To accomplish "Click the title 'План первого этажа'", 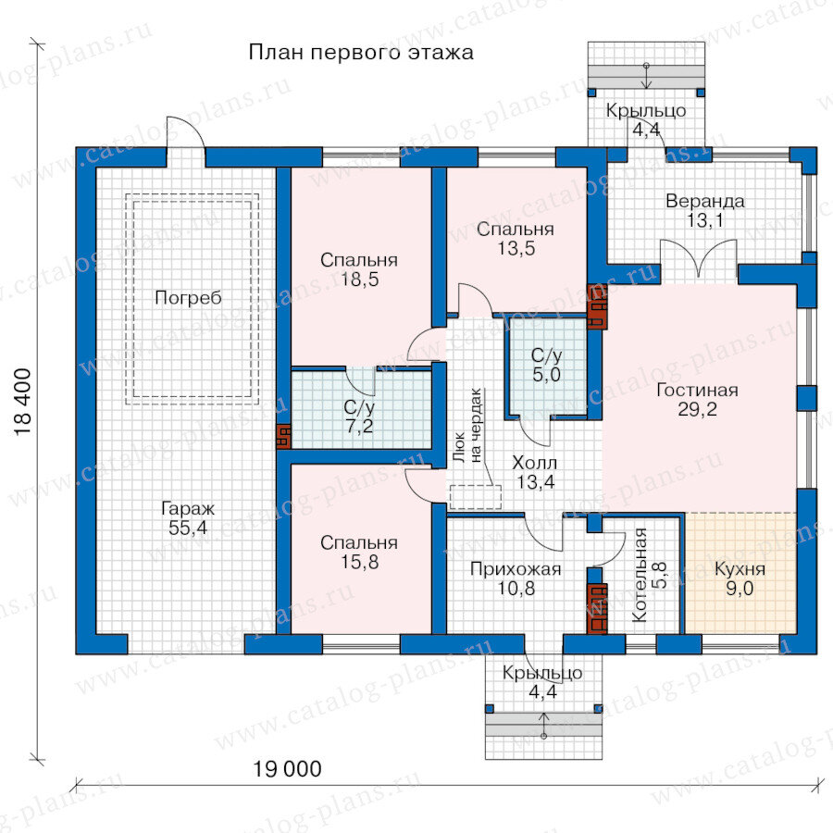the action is click(361, 53).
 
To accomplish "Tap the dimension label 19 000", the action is click(287, 769).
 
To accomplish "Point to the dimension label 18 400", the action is click(23, 403).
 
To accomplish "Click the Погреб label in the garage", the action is click(188, 298).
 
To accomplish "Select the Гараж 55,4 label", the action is click(188, 518).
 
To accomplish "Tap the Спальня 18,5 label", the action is click(359, 269).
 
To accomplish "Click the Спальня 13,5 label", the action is click(516, 239).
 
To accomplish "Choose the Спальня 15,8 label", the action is click(359, 552).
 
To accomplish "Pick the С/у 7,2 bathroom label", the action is click(360, 416).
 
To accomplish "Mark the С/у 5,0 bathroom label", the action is click(547, 365).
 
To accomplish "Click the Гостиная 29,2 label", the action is click(697, 400).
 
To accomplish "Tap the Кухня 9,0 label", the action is click(740, 578).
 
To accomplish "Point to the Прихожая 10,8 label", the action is click(516, 578).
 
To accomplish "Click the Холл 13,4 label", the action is click(535, 472).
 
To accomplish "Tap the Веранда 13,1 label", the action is click(705, 211).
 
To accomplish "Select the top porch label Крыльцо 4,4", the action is click(646, 120).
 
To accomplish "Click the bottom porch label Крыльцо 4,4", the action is click(542, 682).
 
